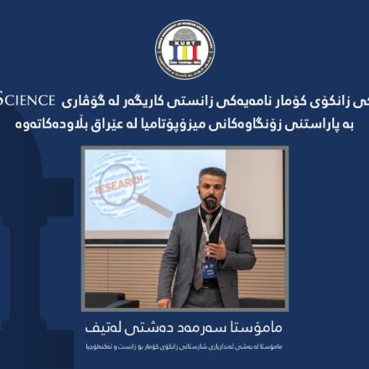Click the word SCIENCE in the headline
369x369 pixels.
click(x=24, y=99)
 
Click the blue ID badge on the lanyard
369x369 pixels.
click(x=209, y=268)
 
